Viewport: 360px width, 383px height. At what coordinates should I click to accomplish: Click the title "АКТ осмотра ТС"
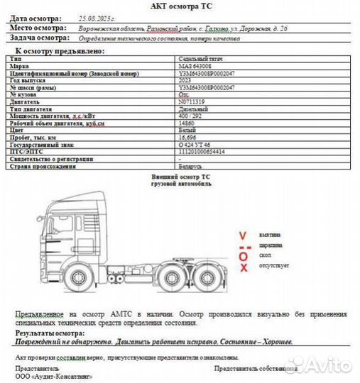180,6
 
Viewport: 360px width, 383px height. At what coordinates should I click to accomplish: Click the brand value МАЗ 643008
193,66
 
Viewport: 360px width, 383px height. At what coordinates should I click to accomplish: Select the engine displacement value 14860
186,123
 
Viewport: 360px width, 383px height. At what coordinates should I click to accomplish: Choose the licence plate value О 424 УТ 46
195,144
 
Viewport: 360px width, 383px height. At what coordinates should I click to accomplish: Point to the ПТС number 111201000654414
202,151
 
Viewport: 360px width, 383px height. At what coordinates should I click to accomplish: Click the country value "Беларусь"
191,165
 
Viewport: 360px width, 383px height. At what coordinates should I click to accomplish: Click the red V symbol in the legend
243,235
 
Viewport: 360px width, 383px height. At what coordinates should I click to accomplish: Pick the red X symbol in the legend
243,267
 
